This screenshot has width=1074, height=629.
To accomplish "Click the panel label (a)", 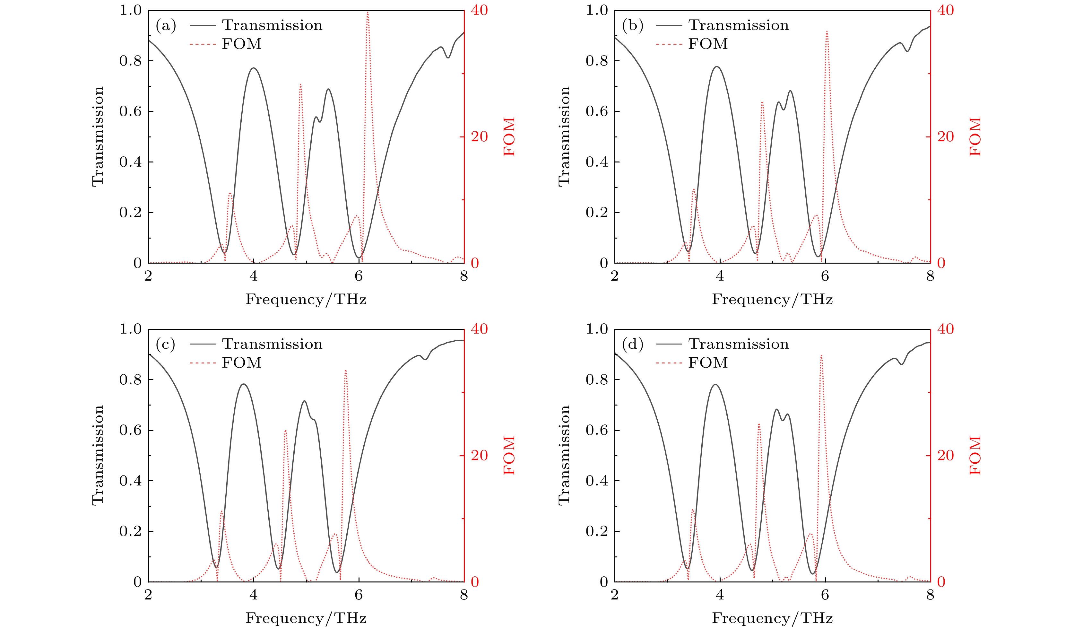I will tap(166, 26).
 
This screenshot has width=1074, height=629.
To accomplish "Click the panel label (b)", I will tap(632, 26).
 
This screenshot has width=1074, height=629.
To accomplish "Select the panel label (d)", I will tap(632, 345).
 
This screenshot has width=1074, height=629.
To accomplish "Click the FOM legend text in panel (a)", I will tap(241, 44).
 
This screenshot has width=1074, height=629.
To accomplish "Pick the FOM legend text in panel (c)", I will tap(241, 363).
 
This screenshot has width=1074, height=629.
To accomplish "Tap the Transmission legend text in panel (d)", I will tap(738, 344).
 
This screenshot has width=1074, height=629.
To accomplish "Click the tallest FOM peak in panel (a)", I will tap(368, 13).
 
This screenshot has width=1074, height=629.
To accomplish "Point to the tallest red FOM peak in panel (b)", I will tap(827, 31).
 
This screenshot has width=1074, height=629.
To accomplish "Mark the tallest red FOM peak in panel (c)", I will tap(346, 371).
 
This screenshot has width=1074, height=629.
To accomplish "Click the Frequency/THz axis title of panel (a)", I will tap(306, 299).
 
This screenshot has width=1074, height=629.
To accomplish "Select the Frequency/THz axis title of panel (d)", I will tap(772, 618).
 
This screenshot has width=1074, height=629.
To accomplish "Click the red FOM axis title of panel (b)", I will tap(975, 136).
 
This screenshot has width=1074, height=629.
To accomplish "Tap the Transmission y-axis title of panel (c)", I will tap(98, 455).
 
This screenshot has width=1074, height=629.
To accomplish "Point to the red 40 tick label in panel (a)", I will tap(479, 10).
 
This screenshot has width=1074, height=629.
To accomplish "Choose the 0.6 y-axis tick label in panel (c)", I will tap(130, 430).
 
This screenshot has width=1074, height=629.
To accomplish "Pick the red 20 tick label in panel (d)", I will tap(945, 455).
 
